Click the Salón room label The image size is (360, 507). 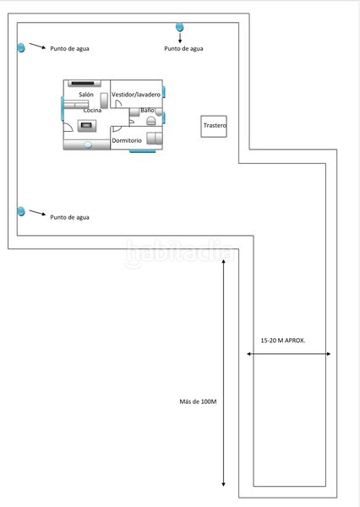coord(86,95)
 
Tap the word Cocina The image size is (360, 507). coord(92,110)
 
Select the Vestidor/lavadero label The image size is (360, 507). coord(136,95)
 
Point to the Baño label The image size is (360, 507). coord(147,110)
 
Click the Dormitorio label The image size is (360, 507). coord(127,140)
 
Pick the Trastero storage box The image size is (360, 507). coord(214,127)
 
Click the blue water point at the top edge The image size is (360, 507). coord(179,27)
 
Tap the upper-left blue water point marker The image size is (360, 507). coord(20,48)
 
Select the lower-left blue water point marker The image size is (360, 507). coord(20,211)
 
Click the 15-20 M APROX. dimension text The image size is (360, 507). coord(283,341)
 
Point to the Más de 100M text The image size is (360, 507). coord(198,401)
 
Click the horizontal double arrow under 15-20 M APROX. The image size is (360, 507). coord(288,354)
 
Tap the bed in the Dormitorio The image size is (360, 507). coord(155,138)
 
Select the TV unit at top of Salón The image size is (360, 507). coord(85,84)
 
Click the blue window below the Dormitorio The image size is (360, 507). coord(142,150)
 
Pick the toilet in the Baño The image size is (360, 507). coord(151,121)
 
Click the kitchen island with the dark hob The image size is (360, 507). coord(87,125)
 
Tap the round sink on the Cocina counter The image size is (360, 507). coord(88,144)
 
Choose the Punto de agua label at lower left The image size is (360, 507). coord(69,217)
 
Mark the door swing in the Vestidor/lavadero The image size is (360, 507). coord(118,103)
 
